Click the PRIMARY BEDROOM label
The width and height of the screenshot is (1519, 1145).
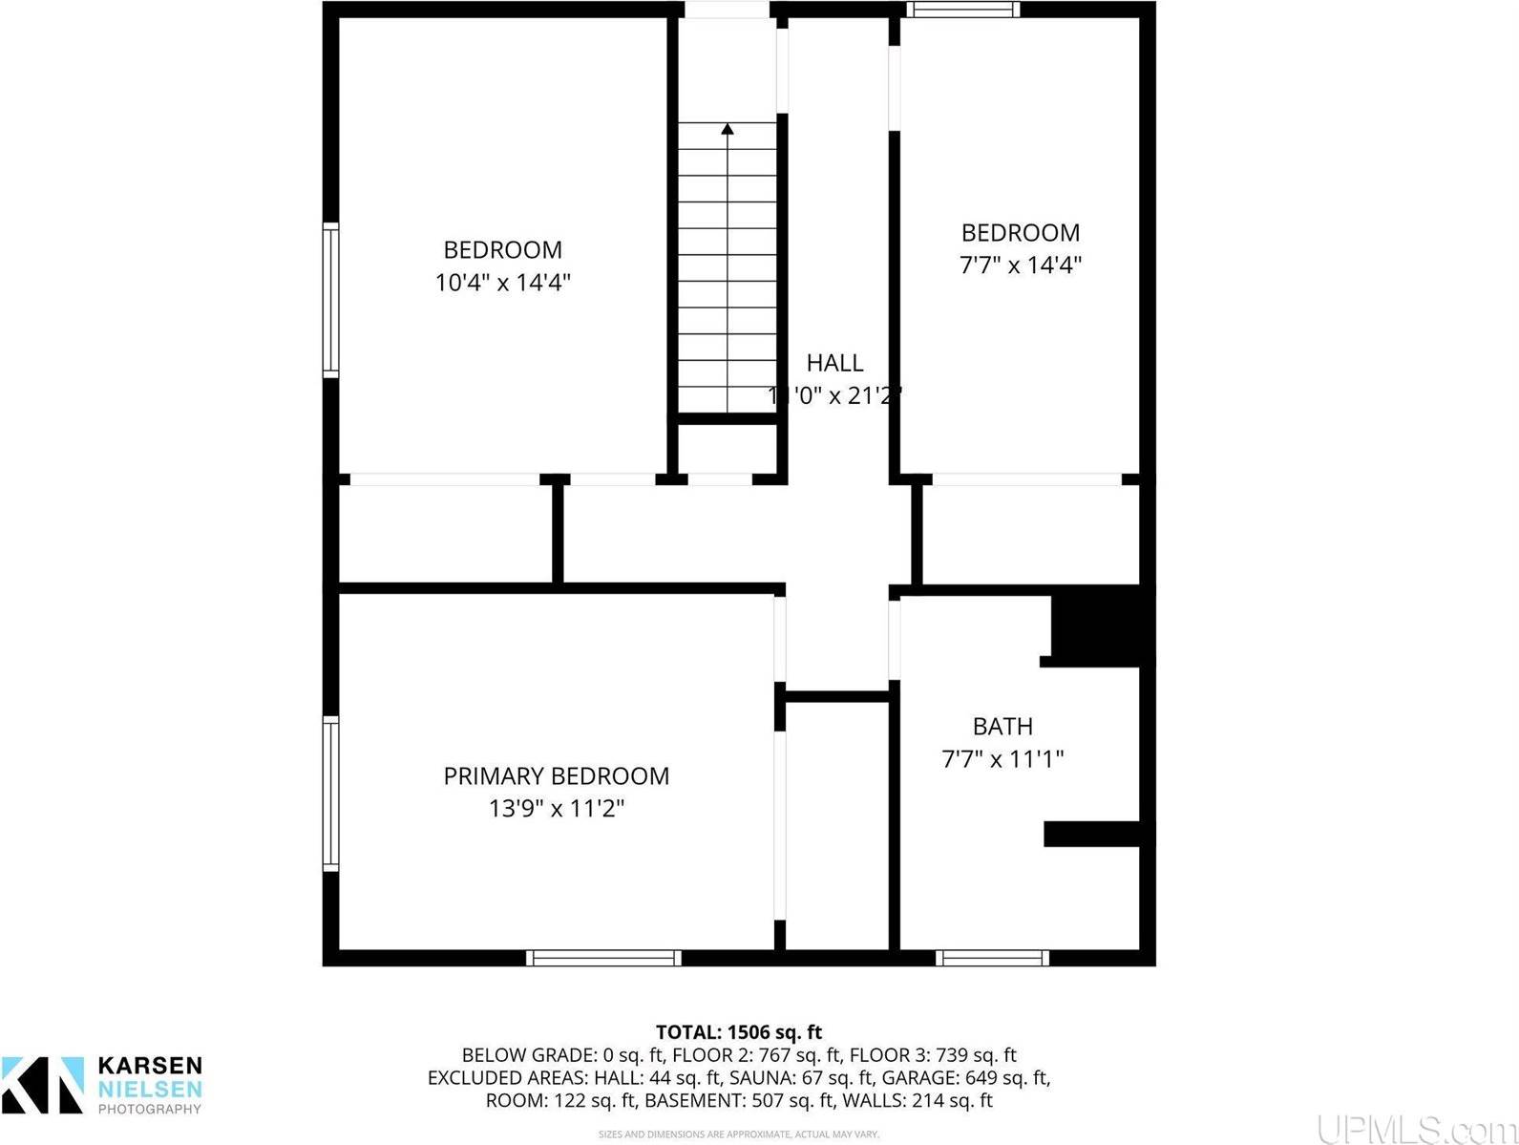(556, 775)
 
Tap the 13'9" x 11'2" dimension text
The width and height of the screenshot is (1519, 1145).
(556, 809)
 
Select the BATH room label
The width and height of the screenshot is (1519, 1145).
(1002, 727)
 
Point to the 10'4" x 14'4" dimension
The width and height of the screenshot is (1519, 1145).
(502, 283)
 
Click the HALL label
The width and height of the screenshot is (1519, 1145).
(834, 363)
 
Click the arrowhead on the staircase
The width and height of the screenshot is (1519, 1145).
(728, 128)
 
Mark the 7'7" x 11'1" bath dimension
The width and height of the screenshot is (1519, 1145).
(1002, 760)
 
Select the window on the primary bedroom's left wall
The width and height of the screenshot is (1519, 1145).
(330, 794)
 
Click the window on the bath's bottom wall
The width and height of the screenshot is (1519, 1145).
(992, 957)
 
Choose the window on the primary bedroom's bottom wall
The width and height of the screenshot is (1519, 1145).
(603, 957)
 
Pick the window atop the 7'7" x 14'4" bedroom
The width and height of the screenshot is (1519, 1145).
(962, 10)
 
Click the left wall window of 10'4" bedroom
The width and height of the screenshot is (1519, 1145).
(330, 300)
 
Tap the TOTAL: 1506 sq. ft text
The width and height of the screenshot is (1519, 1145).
(738, 1032)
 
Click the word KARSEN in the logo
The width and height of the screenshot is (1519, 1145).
(150, 1066)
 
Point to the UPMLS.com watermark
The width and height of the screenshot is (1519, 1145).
(1414, 1129)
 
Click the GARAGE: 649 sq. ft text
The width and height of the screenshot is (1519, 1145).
(965, 1078)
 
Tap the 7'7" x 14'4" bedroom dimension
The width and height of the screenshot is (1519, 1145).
(1020, 265)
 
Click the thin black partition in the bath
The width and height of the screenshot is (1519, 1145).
(1092, 834)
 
